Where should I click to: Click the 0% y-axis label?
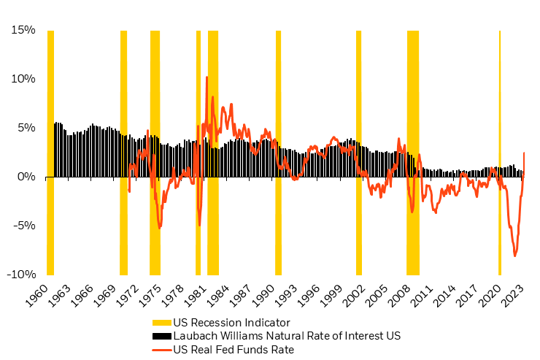[27, 177]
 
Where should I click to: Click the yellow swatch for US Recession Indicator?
[161, 323]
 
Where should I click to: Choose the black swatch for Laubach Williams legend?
[161, 336]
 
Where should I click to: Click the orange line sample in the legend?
[161, 350]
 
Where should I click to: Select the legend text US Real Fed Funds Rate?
[231, 350]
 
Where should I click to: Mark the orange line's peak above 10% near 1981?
[207, 77]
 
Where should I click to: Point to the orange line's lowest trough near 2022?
[515, 256]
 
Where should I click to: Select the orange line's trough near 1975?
[160, 228]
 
